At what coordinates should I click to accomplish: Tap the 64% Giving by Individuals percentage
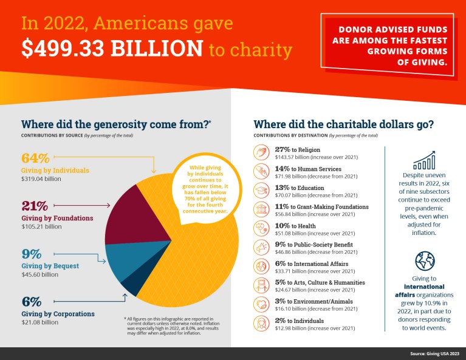[x=35, y=158]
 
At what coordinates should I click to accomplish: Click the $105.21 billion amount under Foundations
[x=41, y=226]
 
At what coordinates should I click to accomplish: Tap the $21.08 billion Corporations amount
[x=39, y=322]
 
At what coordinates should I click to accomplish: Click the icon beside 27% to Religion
[x=261, y=152]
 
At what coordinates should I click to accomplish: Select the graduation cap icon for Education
[x=261, y=191]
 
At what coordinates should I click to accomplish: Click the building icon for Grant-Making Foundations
[x=261, y=209]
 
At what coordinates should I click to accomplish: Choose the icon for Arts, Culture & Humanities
[x=261, y=285]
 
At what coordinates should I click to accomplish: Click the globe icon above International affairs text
[x=424, y=262]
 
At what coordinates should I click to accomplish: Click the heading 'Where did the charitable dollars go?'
[x=343, y=123]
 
